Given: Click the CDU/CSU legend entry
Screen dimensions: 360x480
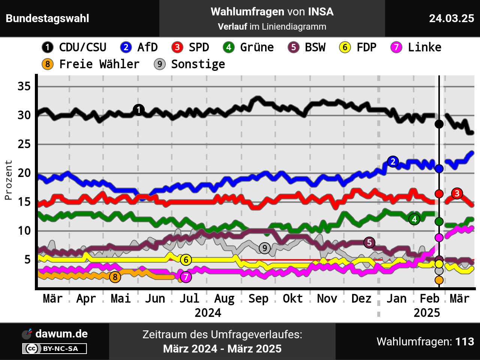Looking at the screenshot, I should click(x=74, y=47).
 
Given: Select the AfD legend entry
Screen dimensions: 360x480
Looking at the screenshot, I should click(x=139, y=47).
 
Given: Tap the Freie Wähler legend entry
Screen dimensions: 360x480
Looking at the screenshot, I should click(x=90, y=64).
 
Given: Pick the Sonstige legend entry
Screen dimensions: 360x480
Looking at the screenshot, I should click(x=189, y=64).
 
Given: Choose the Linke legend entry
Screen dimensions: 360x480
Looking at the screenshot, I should click(x=416, y=47).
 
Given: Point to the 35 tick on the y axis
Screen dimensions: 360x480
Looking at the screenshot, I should click(x=24, y=87).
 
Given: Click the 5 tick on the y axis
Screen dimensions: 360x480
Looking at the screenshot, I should click(x=27, y=259).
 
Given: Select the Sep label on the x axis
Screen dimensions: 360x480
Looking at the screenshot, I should click(x=258, y=299).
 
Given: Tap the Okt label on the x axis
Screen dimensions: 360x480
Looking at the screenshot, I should click(x=292, y=299).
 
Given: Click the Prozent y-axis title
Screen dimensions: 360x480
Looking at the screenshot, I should click(x=8, y=180).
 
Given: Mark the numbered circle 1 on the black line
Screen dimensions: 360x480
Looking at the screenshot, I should click(x=139, y=110).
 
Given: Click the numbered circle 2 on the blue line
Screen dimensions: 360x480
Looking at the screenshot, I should click(x=393, y=162).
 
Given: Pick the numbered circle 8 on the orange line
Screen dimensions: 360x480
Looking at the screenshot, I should click(x=115, y=277).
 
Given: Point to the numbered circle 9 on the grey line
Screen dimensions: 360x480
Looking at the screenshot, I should click(x=265, y=248).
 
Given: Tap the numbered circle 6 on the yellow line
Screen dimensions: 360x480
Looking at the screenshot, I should click(x=186, y=259).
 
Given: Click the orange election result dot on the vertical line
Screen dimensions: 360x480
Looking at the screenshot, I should click(x=439, y=280).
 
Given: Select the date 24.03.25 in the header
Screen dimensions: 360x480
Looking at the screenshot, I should click(x=451, y=18).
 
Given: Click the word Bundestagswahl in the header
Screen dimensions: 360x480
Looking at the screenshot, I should click(x=48, y=18).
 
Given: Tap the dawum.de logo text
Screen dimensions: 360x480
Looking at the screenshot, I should click(x=61, y=334).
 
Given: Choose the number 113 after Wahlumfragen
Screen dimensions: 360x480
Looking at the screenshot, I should click(x=465, y=342).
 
